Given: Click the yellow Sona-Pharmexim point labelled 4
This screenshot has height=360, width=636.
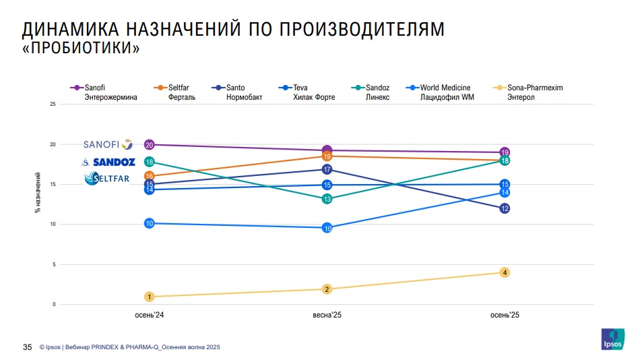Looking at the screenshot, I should (x=505, y=272).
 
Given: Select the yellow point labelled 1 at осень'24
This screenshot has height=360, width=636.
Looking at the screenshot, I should (x=150, y=297).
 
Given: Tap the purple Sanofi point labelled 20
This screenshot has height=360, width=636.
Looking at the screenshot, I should (x=150, y=145).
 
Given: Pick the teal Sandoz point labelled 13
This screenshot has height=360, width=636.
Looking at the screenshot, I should (x=327, y=199).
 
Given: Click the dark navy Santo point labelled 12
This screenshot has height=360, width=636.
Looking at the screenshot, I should (x=505, y=209).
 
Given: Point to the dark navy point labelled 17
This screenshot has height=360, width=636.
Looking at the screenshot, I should (x=327, y=170).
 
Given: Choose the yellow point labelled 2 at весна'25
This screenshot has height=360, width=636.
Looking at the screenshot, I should (x=327, y=289).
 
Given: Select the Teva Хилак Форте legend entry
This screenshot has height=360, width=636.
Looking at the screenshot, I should (x=308, y=92).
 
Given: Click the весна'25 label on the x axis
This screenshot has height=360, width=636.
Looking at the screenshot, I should (x=327, y=315).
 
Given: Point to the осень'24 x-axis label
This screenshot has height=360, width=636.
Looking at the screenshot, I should (x=150, y=315).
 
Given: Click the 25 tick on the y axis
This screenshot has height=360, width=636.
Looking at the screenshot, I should (x=53, y=104).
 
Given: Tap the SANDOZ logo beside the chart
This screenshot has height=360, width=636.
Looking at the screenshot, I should (x=108, y=162).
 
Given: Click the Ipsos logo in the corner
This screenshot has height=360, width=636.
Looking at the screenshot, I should (x=612, y=339).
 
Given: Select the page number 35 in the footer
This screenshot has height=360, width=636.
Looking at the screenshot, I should (x=28, y=347).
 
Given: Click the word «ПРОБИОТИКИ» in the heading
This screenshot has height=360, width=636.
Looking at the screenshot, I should (x=82, y=49).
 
